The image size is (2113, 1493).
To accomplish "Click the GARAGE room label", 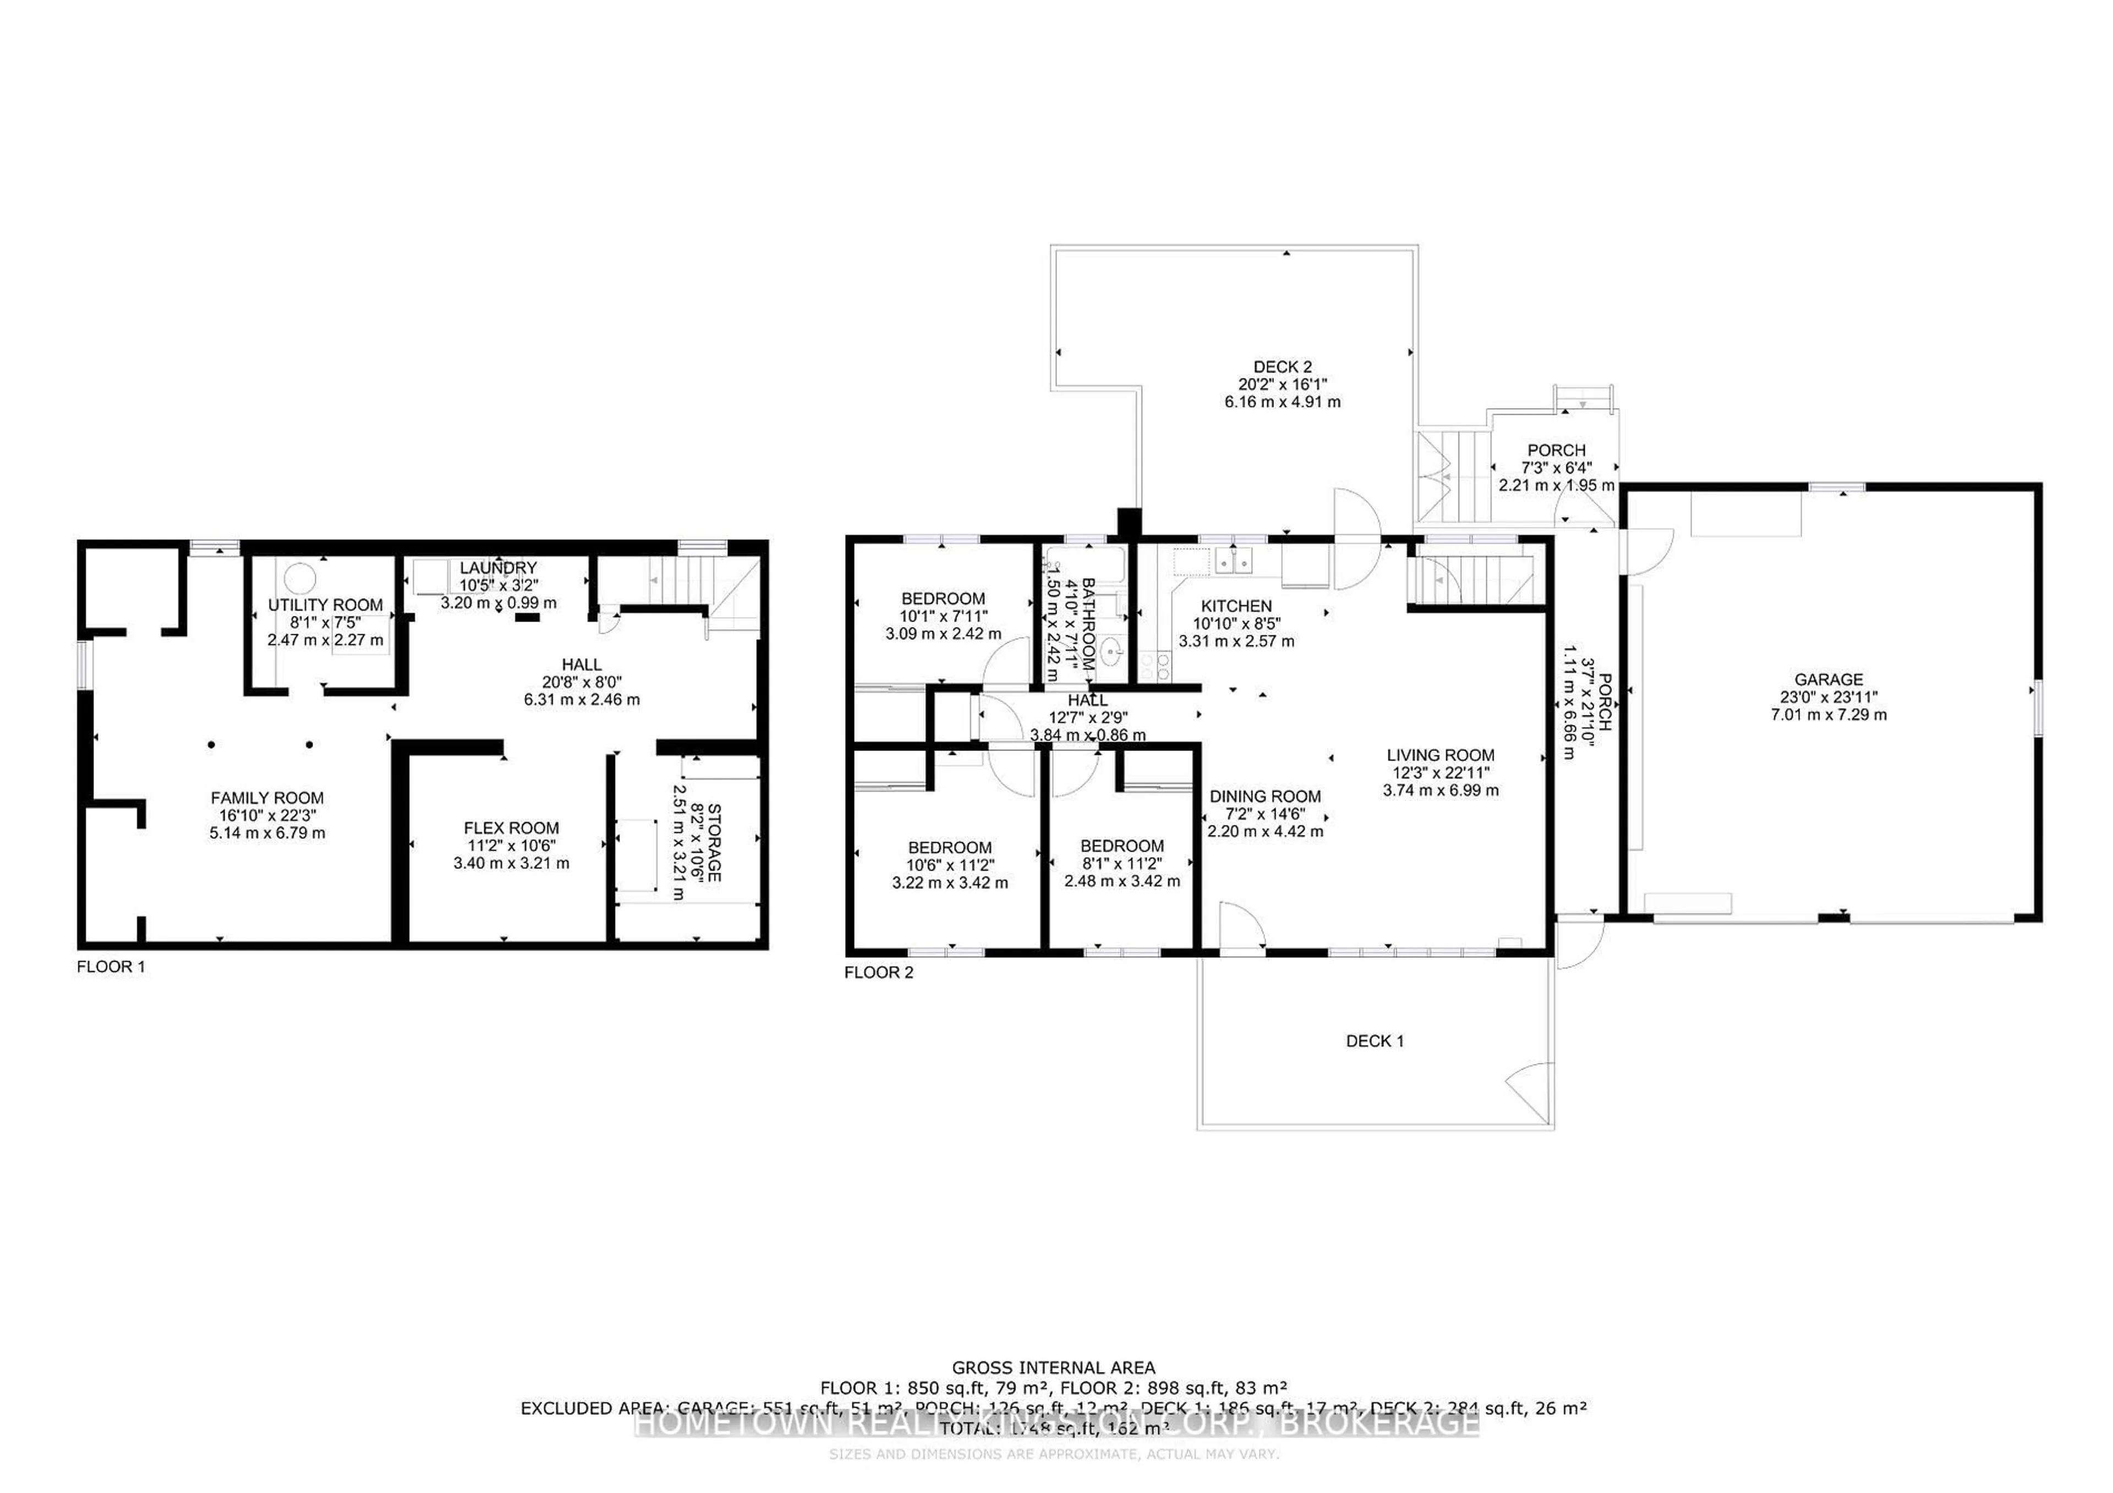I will click(1828, 680).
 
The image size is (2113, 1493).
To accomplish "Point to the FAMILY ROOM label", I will click(267, 798).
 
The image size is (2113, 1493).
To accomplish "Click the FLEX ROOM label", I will click(511, 828).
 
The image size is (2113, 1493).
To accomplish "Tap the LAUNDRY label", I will click(498, 568).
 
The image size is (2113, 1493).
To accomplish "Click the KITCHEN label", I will click(1236, 606).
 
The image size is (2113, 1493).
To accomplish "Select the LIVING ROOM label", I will click(1440, 755).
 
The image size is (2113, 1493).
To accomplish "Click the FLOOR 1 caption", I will click(111, 967).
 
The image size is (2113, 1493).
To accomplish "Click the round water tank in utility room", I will click(299, 579).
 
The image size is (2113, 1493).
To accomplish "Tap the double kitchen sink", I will click(1233, 560).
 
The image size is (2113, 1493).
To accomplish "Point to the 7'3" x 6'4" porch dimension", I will click(1556, 467).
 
